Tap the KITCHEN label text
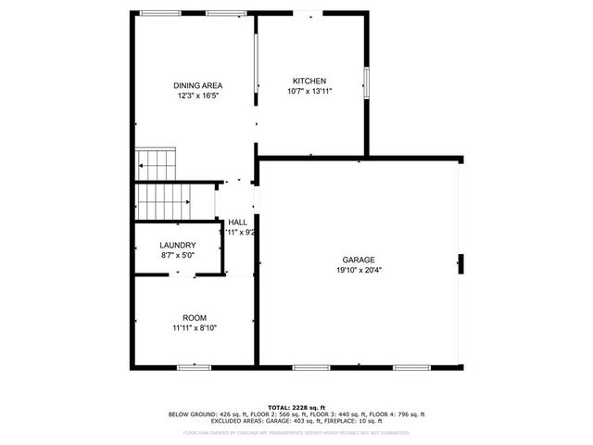[309, 81]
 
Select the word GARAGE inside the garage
[358, 261]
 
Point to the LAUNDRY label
[177, 246]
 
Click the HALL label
[238, 222]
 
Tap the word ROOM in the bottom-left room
[195, 317]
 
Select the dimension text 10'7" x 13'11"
[309, 91]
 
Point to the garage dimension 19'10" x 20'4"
[358, 271]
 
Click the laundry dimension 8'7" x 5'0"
[177, 255]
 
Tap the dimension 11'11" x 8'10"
[195, 327]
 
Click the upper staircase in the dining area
[156, 164]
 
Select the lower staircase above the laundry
[163, 201]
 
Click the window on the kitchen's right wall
[367, 83]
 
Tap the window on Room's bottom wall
[194, 368]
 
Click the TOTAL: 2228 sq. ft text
[296, 408]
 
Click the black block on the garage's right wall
[460, 264]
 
